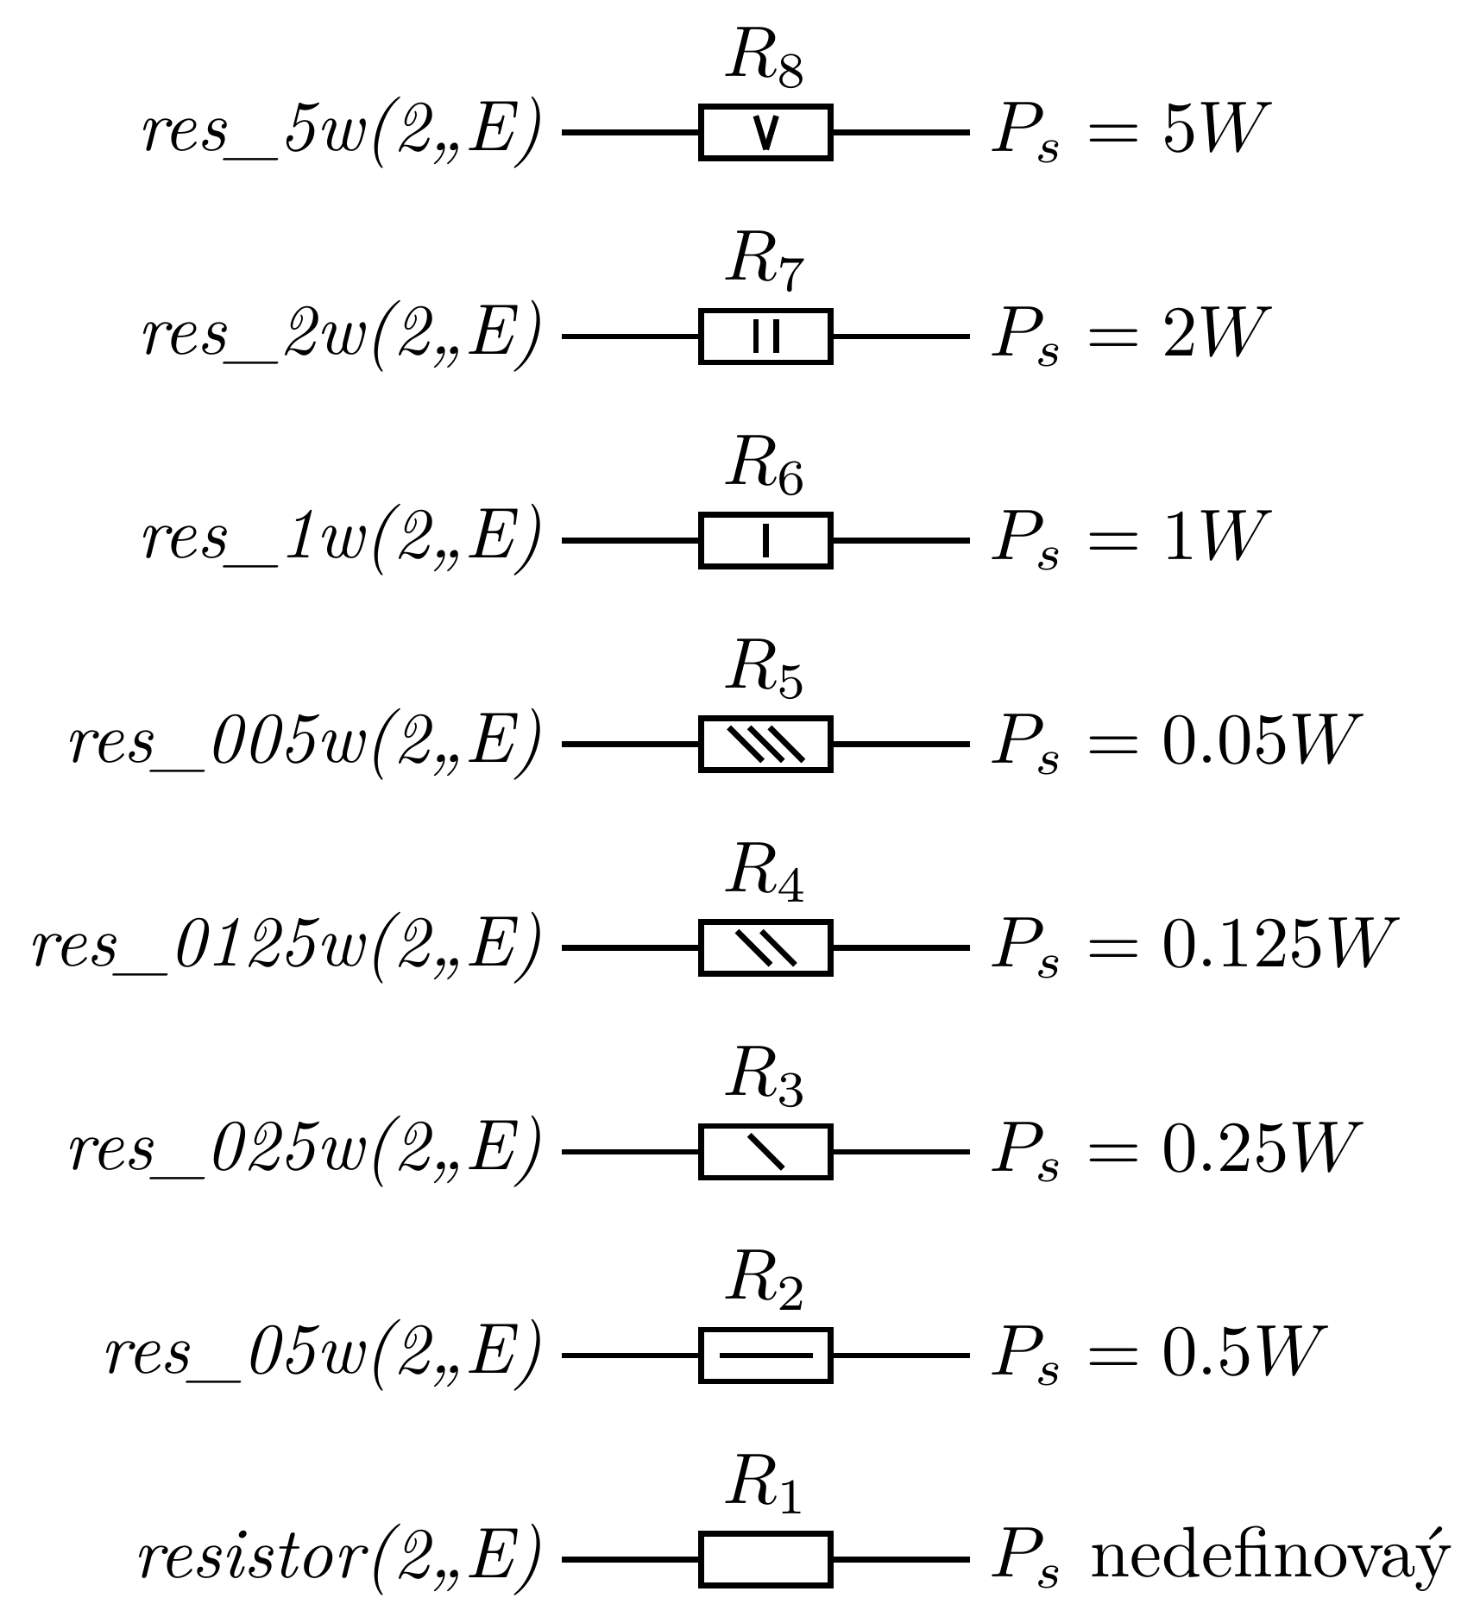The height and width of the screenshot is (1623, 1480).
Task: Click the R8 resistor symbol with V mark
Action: click(x=765, y=132)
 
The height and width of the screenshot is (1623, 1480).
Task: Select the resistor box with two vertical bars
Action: click(x=765, y=336)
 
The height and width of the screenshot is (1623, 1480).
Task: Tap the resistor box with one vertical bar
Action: click(x=765, y=540)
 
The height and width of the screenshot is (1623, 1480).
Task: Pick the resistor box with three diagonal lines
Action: click(x=765, y=744)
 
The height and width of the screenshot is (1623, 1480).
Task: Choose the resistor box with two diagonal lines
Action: click(x=765, y=947)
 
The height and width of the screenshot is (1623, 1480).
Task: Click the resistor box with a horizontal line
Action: click(x=765, y=1356)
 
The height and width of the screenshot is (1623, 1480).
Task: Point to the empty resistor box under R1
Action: click(x=765, y=1559)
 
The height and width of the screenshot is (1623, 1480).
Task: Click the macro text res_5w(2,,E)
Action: click(x=342, y=132)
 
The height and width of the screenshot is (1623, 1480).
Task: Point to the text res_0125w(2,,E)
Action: click(x=287, y=947)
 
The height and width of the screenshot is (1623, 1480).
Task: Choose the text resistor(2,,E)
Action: click(x=339, y=1559)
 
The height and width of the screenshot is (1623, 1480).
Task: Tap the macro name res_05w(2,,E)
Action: click(x=323, y=1356)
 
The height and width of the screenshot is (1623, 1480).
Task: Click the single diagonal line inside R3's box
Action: click(x=765, y=1151)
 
